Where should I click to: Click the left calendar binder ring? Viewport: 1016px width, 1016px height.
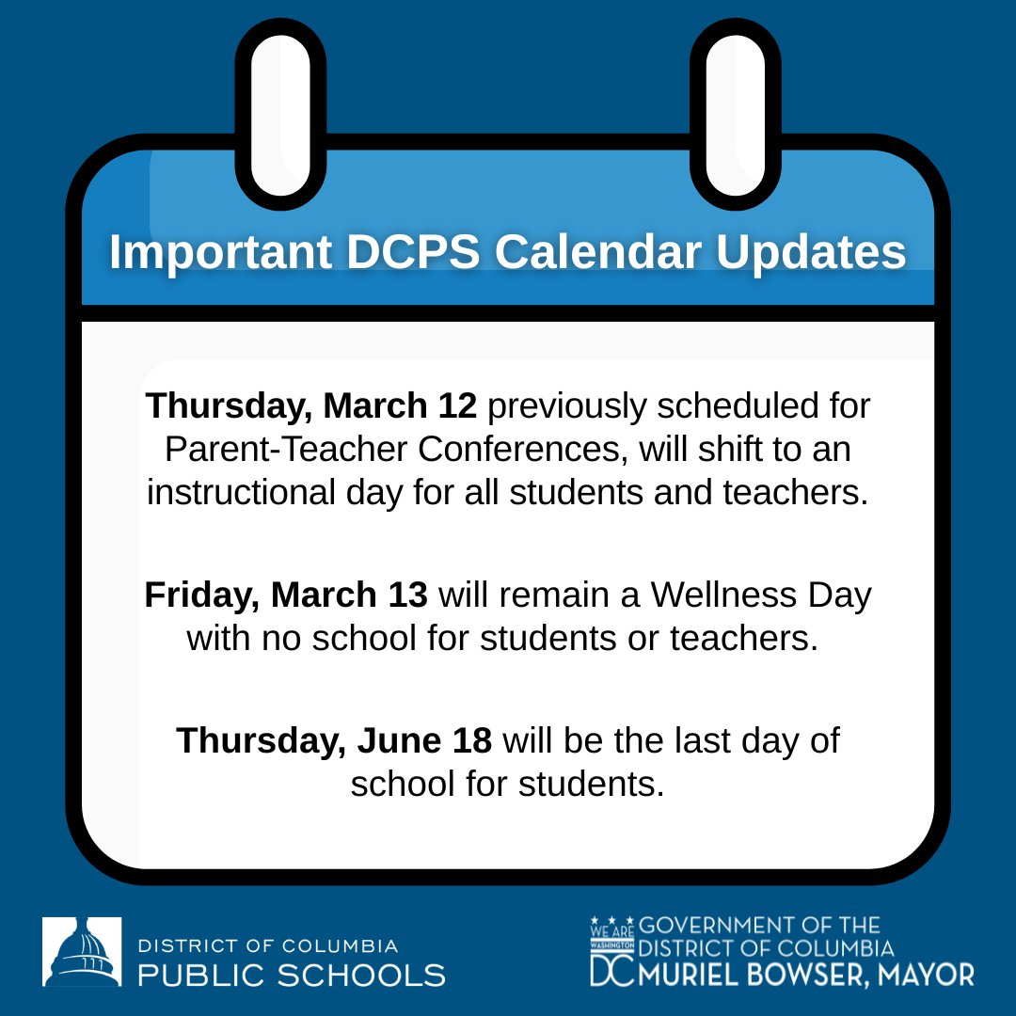pyautogui.click(x=280, y=113)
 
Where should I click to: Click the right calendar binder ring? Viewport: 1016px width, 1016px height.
pyautogui.click(x=736, y=113)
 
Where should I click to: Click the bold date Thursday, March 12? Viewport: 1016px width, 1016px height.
pyautogui.click(x=312, y=406)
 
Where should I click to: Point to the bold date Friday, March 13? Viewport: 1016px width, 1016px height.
pyautogui.click(x=286, y=595)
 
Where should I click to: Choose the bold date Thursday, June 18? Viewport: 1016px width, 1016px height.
pyautogui.click(x=334, y=739)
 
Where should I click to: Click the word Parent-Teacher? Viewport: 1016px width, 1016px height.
pyautogui.click(x=285, y=450)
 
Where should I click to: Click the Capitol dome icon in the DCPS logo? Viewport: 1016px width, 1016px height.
pyautogui.click(x=82, y=952)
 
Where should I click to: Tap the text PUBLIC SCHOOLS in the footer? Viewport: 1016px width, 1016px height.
pyautogui.click(x=292, y=975)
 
